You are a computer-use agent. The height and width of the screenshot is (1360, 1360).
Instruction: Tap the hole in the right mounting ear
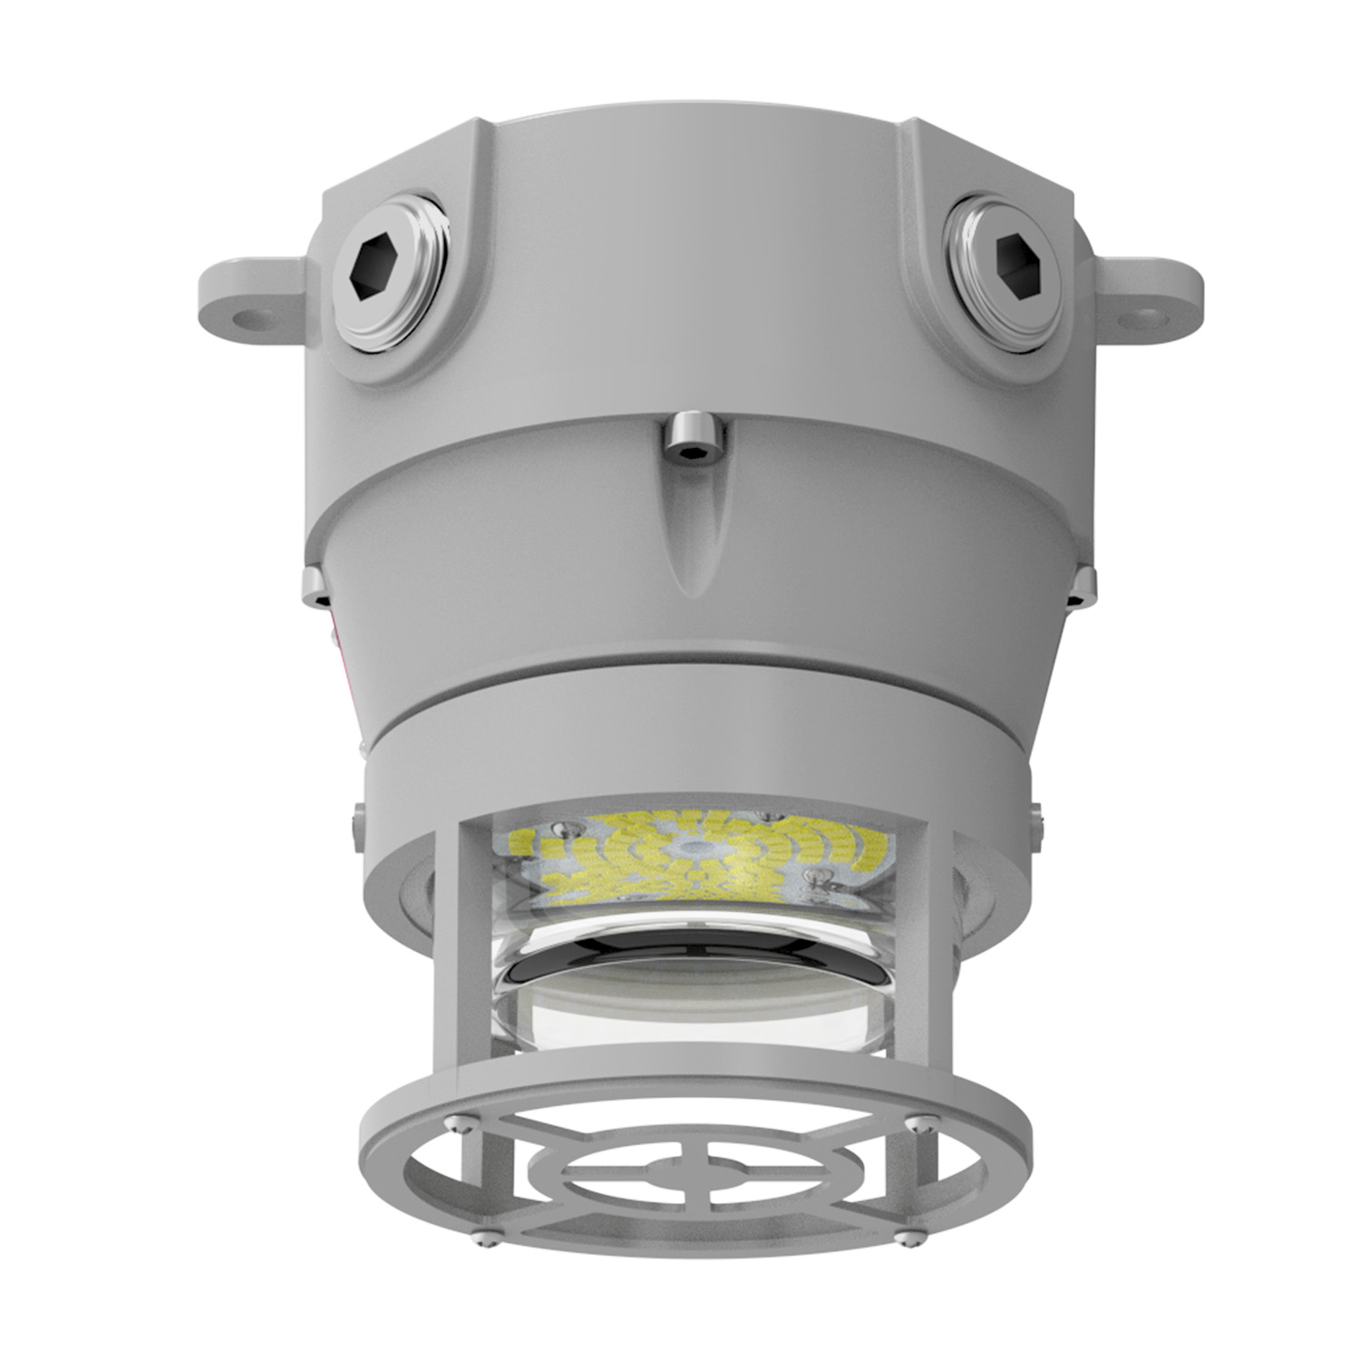click(x=1150, y=315)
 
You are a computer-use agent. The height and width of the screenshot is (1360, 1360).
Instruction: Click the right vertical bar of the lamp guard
click(x=910, y=943)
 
